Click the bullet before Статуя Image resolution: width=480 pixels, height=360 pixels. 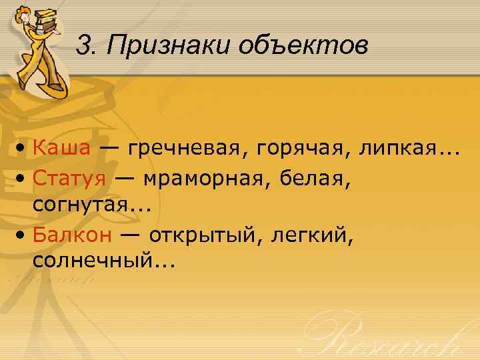22,178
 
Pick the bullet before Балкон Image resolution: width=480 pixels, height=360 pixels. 22,235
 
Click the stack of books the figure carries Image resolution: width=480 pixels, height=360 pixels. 46,18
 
